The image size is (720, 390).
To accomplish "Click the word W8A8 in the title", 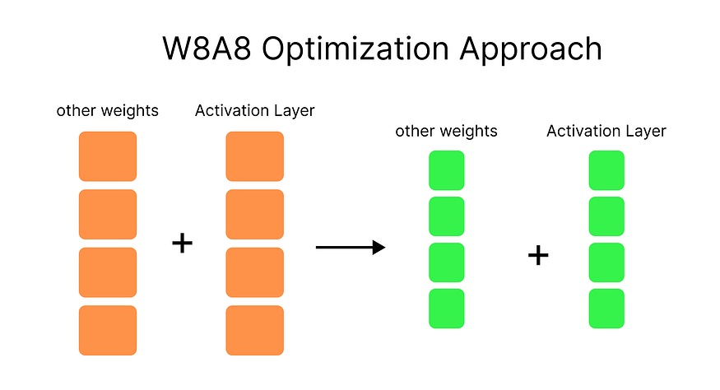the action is point(207,49).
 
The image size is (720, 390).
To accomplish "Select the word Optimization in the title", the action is point(355,49).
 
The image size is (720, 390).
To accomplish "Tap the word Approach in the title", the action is point(531,49).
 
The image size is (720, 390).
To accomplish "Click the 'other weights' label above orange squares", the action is point(108,111).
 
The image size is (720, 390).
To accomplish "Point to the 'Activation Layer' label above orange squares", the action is point(255,111).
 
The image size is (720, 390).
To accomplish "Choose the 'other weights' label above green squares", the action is point(446,131).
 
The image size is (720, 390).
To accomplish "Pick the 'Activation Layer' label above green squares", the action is point(606,131).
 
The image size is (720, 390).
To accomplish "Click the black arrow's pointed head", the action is point(379,248).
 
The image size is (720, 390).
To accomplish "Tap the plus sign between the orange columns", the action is point(183,243).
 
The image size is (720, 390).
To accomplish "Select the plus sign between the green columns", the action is point(538,255).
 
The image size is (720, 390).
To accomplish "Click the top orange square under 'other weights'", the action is point(108,156).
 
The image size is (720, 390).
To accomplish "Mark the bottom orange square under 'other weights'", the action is point(108,330).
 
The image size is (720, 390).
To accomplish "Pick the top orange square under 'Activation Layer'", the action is point(255,156).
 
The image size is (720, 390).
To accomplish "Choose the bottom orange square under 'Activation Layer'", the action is point(255,330).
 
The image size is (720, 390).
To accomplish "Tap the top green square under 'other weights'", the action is point(447,170).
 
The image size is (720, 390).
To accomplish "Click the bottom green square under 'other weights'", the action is point(447,309).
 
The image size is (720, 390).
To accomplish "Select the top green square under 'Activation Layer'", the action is point(606,170).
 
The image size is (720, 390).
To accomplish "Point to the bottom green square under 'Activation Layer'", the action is point(606,309).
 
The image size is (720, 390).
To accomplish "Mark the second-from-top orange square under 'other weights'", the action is point(108,215).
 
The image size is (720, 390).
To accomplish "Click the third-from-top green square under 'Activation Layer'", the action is point(606,262).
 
